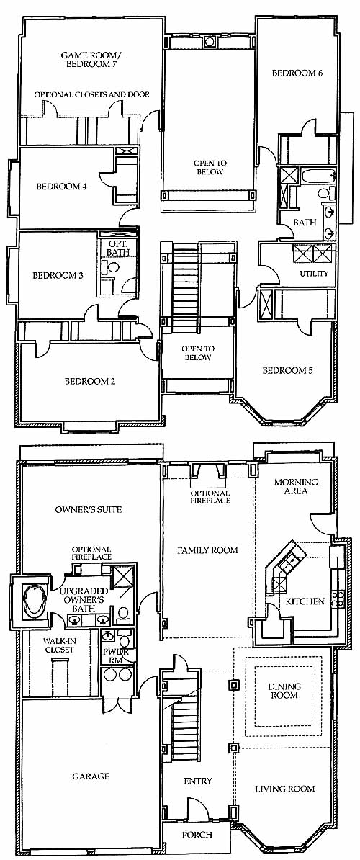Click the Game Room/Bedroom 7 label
tap(91, 59)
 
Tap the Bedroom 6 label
tap(297, 73)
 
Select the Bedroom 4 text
tap(62, 186)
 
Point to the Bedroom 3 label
tap(58, 275)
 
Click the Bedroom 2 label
tap(90, 381)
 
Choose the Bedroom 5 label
tap(288, 371)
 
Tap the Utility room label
tap(313, 273)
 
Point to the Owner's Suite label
tap(89, 509)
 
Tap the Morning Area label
tap(296, 486)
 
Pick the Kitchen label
tap(305, 601)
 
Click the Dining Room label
tap(284, 691)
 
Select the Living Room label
tap(285, 789)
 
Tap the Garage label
tap(91, 776)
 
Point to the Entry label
tap(198, 781)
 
